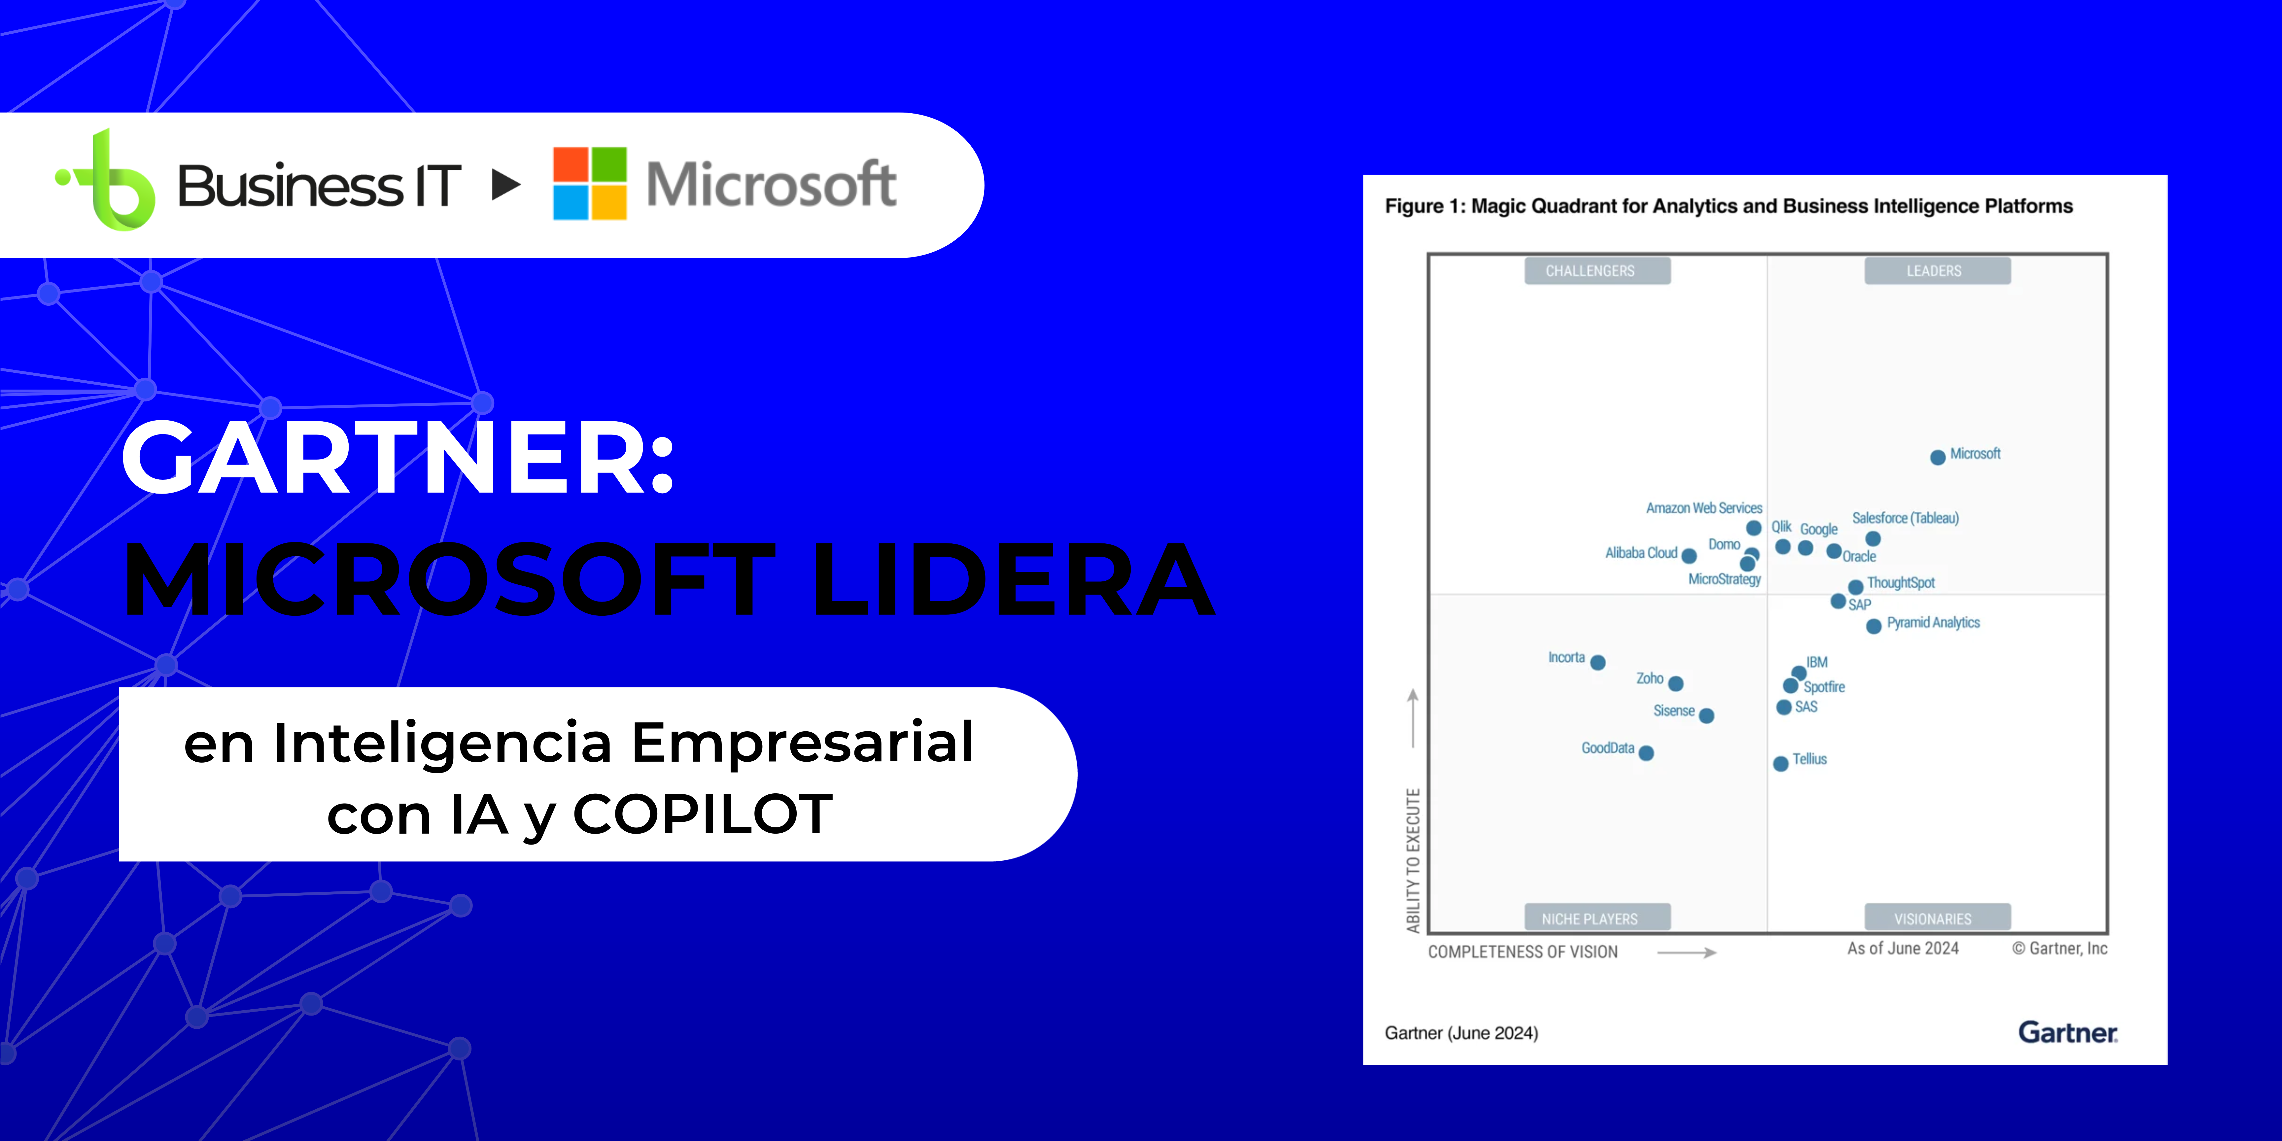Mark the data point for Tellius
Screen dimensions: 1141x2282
(x=1781, y=764)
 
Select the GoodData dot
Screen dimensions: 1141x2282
(x=1646, y=753)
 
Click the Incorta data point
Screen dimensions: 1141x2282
(x=1598, y=663)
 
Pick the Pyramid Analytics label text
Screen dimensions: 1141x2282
(x=1933, y=623)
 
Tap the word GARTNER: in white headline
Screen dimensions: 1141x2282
(x=398, y=458)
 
